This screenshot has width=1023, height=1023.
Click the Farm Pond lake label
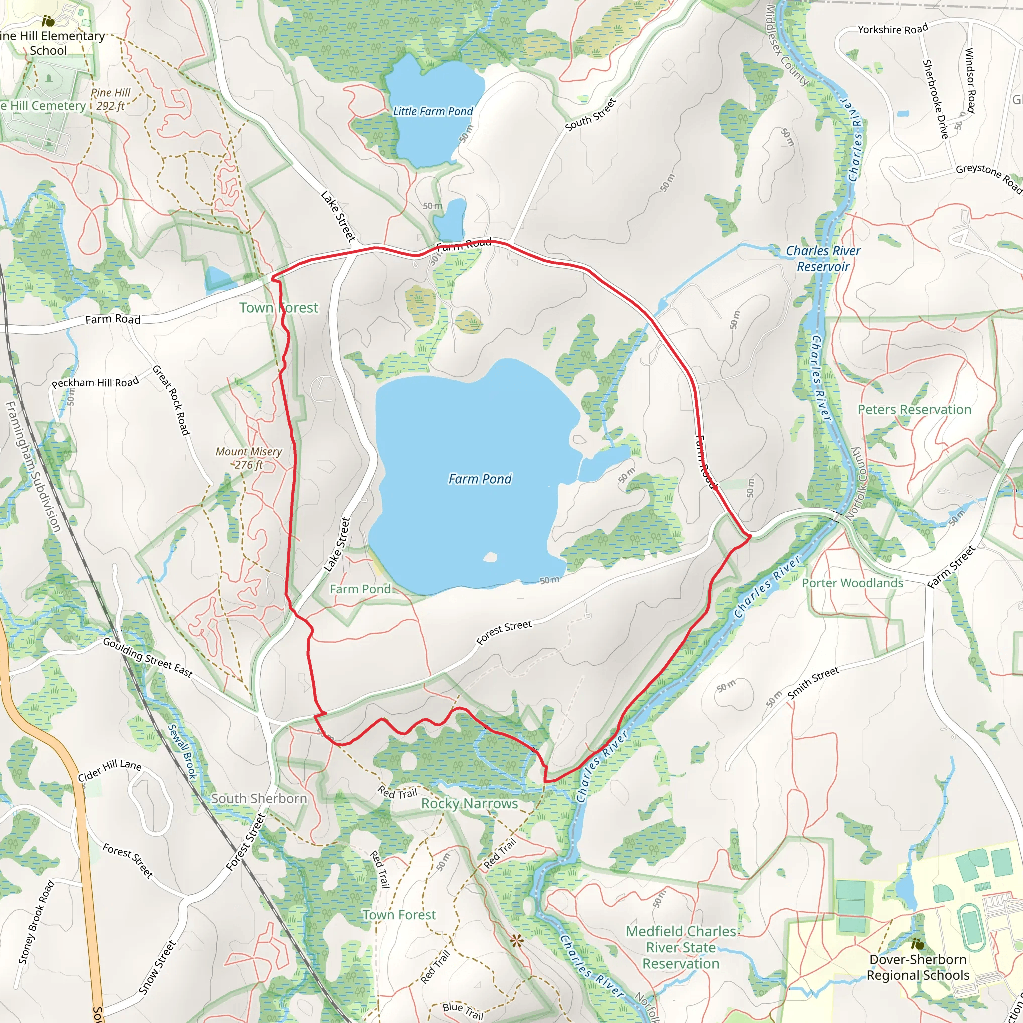(480, 479)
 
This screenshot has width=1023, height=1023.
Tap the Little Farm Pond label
(433, 112)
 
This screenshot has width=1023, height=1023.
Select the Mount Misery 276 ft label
(248, 458)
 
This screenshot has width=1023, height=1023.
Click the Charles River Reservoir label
(823, 258)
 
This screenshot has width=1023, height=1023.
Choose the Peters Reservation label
(914, 409)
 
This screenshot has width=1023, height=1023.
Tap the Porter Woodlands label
(852, 583)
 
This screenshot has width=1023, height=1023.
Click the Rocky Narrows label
(469, 803)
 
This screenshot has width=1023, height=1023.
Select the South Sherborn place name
(259, 799)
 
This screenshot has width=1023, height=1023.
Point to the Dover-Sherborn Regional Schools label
(918, 967)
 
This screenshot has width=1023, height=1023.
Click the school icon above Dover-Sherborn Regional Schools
(918, 944)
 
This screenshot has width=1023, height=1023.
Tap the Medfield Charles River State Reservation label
(681, 947)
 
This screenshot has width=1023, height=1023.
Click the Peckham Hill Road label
(95, 382)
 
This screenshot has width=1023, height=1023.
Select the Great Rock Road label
(171, 400)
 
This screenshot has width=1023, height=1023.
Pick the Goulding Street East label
(148, 658)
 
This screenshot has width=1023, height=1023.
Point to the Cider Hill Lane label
(110, 770)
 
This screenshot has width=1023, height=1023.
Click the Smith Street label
(813, 683)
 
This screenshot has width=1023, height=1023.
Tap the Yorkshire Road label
(893, 29)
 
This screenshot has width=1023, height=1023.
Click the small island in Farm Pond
(490, 557)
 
